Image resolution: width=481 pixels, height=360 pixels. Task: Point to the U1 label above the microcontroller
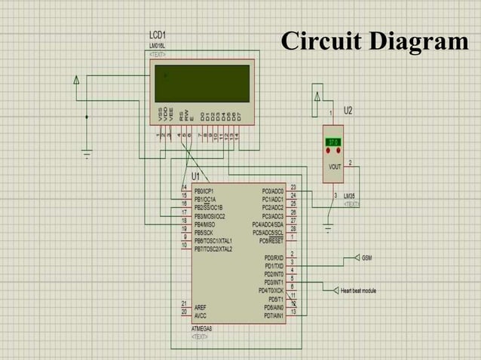(196, 176)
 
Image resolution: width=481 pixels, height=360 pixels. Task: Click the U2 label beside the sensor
(348, 111)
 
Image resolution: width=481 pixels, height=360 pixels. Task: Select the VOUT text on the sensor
(334, 166)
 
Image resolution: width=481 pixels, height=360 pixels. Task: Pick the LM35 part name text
(351, 196)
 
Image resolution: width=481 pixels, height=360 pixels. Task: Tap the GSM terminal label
(366, 258)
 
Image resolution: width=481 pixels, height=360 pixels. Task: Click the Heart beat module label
(358, 291)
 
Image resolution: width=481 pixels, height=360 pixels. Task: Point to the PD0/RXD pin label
(273, 258)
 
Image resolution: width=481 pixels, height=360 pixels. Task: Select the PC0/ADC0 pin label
(272, 191)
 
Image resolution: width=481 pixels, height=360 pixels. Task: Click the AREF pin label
(201, 307)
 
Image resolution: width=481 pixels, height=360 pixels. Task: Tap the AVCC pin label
(201, 316)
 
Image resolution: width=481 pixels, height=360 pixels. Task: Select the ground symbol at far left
(87, 156)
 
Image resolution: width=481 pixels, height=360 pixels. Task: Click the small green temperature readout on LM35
(332, 142)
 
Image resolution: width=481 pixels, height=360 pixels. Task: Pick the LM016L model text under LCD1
(158, 46)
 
